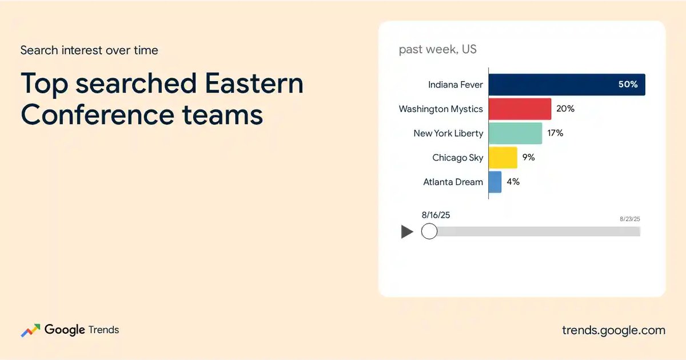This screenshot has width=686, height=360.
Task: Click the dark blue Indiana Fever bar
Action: [567, 85]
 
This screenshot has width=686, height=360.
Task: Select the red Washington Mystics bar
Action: [520, 109]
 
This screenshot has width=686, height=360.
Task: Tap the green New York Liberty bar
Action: [516, 133]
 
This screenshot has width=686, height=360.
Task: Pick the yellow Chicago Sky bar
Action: [503, 158]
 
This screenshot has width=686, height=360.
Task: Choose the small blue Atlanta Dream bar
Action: [495, 182]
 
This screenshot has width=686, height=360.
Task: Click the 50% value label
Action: [628, 84]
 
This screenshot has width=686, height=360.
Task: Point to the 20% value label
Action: [565, 109]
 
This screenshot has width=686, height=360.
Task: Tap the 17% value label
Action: [555, 133]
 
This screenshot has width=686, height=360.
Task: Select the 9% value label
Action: [529, 157]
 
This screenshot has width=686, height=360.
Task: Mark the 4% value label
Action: [513, 182]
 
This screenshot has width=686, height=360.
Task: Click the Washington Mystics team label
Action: [441, 109]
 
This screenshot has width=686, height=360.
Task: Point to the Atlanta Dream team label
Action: [453, 182]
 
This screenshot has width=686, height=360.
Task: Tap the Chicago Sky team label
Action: [457, 158]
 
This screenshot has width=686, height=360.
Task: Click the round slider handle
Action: [429, 231]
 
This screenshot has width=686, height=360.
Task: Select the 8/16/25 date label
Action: [436, 215]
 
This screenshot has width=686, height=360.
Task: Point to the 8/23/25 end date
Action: [630, 219]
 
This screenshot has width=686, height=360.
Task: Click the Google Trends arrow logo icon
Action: [31, 330]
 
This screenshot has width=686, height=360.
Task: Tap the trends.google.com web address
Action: [614, 331]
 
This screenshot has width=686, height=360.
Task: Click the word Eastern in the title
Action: [254, 83]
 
